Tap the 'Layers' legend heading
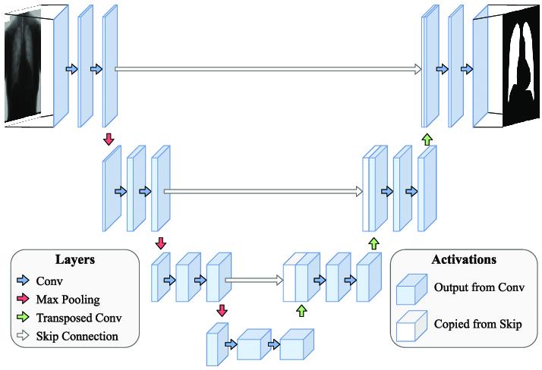click(x=74, y=259)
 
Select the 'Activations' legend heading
click(x=463, y=259)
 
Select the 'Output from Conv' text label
click(x=473, y=288)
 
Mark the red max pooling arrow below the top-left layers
click(x=109, y=139)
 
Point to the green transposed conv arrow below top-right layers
click(x=427, y=139)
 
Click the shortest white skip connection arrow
click(x=254, y=280)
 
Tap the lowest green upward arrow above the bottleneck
click(x=301, y=309)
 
